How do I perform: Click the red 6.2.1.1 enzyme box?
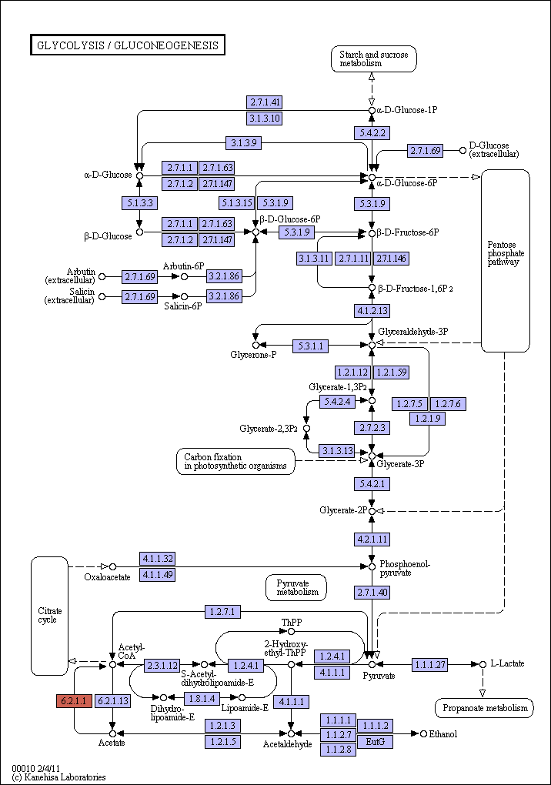pyautogui.click(x=74, y=701)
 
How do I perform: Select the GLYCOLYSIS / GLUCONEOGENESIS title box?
pyautogui.click(x=128, y=45)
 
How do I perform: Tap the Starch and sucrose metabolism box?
pyautogui.click(x=373, y=59)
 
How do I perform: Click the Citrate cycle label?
pyautogui.click(x=49, y=615)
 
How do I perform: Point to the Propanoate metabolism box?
pyautogui.click(x=485, y=708)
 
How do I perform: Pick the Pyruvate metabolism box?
pyautogui.click(x=296, y=587)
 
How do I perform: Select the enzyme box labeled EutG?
pyautogui.click(x=375, y=741)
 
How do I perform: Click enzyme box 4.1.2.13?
pyautogui.click(x=372, y=310)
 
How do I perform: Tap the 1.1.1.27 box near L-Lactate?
pyautogui.click(x=429, y=664)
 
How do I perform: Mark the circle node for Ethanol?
pyautogui.click(x=424, y=733)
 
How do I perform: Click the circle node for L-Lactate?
pyautogui.click(x=483, y=664)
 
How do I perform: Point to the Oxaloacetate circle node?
pyautogui.click(x=112, y=566)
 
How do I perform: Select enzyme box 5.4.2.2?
pyautogui.click(x=372, y=132)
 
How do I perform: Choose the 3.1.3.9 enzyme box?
pyautogui.click(x=243, y=142)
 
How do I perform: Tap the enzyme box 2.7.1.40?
pyautogui.click(x=372, y=593)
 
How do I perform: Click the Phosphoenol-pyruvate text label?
pyautogui.click(x=404, y=568)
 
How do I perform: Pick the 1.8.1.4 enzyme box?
pyautogui.click(x=202, y=698)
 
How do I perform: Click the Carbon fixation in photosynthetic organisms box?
pyautogui.click(x=235, y=461)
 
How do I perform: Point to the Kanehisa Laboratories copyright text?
pyautogui.click(x=58, y=777)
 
